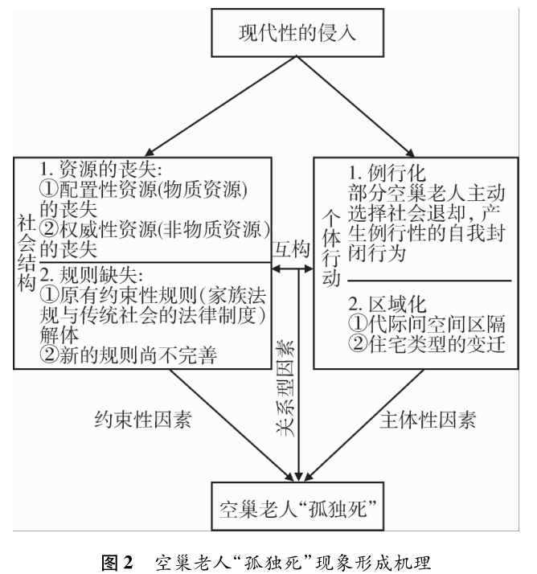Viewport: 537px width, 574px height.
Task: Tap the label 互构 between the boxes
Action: (x=291, y=250)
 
